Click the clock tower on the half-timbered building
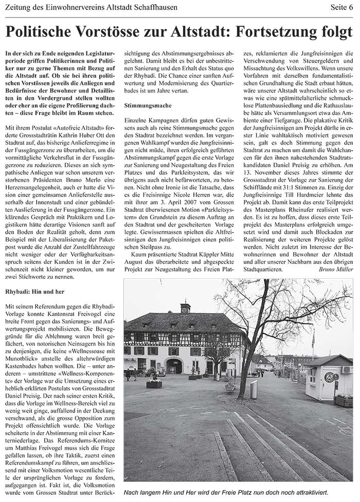(186, 309)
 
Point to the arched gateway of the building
(173, 366)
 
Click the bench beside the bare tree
(229, 385)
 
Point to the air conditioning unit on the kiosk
(347, 369)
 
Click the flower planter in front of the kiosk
(344, 400)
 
